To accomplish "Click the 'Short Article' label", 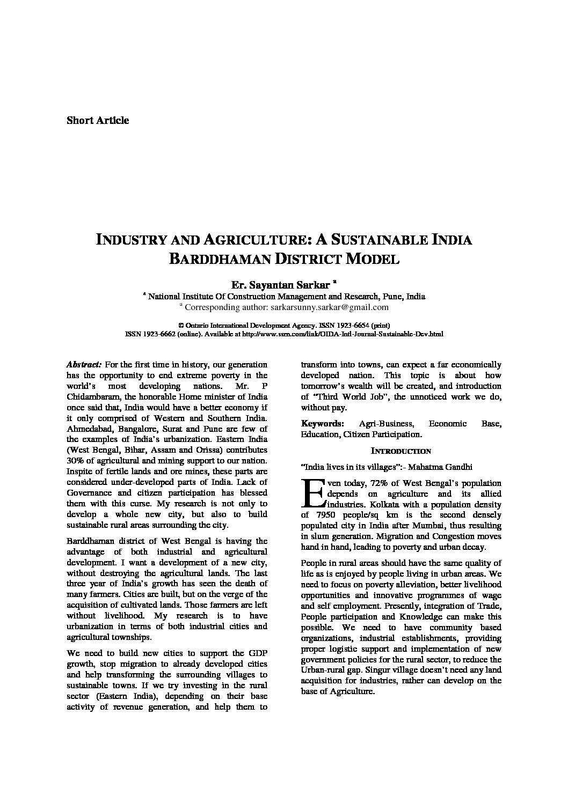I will (x=98, y=120).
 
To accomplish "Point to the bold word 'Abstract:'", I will (x=84, y=365).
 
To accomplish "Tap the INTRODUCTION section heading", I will (x=401, y=452).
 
